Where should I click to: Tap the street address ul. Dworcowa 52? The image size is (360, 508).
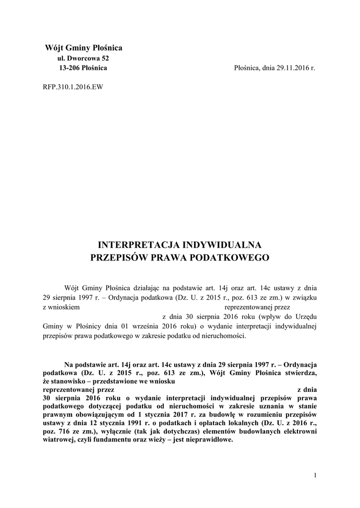[82, 59]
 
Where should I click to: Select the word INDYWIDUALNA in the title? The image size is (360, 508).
[223, 245]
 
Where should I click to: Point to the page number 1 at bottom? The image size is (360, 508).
[315, 476]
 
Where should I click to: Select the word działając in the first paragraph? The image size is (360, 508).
[148, 287]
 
